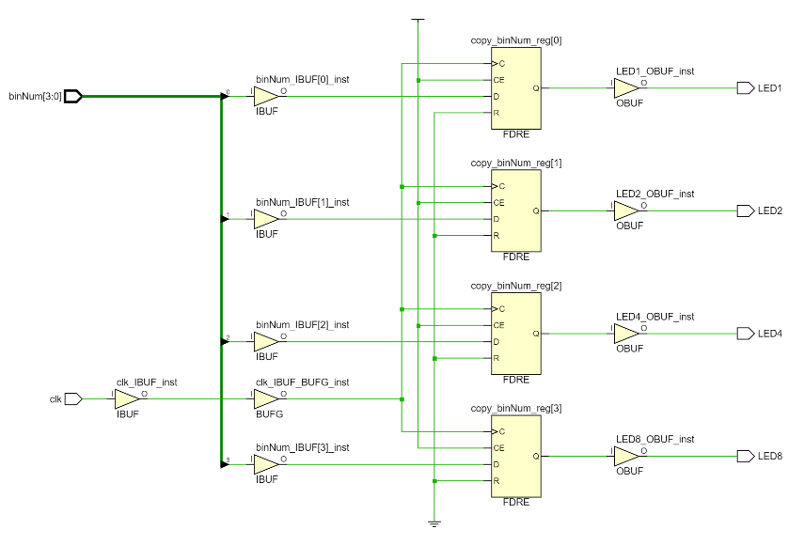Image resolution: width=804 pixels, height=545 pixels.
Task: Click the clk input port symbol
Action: click(x=73, y=399)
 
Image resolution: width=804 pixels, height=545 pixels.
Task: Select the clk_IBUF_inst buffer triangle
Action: click(x=127, y=399)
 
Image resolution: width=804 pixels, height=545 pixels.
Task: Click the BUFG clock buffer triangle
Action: click(x=266, y=399)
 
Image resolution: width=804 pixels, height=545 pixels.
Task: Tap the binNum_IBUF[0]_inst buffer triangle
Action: click(x=266, y=97)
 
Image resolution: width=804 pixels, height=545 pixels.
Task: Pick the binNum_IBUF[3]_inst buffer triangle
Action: click(x=266, y=464)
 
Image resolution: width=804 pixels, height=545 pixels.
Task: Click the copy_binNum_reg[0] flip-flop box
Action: click(x=515, y=89)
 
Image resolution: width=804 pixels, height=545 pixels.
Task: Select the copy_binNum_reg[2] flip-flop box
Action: click(x=515, y=334)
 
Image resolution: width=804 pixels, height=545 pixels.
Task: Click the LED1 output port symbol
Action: click(x=745, y=88)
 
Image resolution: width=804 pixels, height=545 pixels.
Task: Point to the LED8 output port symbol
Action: click(x=745, y=456)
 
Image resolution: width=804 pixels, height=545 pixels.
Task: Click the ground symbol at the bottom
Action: click(x=434, y=522)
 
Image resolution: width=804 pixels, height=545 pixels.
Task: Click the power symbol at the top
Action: click(x=418, y=19)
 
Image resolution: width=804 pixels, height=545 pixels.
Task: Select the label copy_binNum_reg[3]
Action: click(x=515, y=408)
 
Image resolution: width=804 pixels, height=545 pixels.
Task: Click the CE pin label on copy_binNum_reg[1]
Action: click(x=499, y=203)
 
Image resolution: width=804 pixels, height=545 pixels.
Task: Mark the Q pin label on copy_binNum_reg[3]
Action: click(x=535, y=456)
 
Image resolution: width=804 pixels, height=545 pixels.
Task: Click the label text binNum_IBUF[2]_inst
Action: click(x=302, y=324)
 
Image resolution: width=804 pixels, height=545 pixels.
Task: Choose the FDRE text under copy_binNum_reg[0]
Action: click(x=516, y=135)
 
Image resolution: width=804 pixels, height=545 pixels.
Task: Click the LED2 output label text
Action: click(x=770, y=210)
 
